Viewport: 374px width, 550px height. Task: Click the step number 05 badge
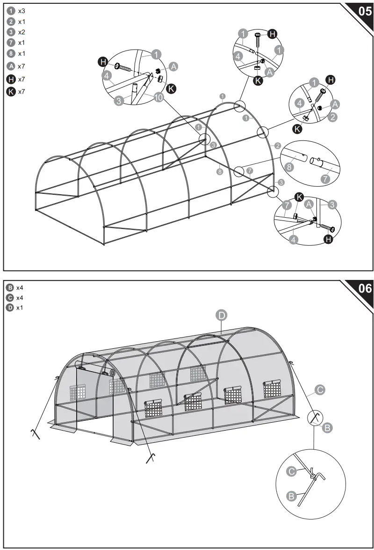pyautogui.click(x=364, y=11)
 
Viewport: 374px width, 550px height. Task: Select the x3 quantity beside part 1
pyautogui.click(x=22, y=10)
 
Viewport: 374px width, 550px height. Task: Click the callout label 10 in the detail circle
pyautogui.click(x=158, y=97)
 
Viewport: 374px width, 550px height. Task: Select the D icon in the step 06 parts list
pyautogui.click(x=9, y=308)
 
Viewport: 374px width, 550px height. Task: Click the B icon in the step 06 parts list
pyautogui.click(x=9, y=287)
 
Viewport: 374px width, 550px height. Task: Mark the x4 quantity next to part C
pyautogui.click(x=20, y=297)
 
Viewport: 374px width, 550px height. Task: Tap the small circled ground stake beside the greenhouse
pyautogui.click(x=314, y=417)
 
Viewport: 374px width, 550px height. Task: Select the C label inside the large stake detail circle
pyautogui.click(x=291, y=471)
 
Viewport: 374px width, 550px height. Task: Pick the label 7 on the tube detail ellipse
pyautogui.click(x=326, y=177)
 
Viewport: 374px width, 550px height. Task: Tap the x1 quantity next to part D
pyautogui.click(x=20, y=308)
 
